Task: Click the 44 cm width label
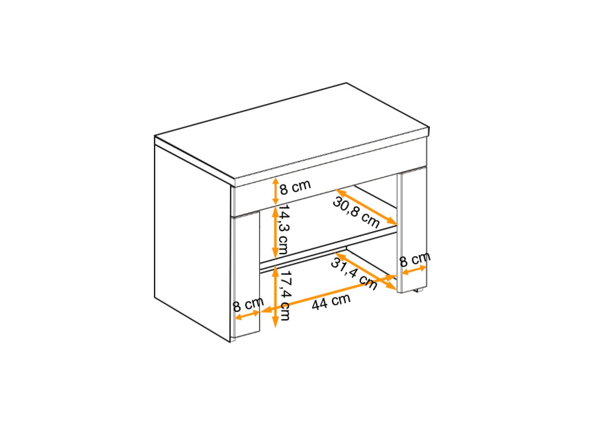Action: [331, 302]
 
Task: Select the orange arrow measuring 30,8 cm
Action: [367, 207]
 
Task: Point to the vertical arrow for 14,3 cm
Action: [275, 232]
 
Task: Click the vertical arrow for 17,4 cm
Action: [275, 297]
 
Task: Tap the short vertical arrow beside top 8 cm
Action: [275, 191]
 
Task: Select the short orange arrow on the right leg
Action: [414, 270]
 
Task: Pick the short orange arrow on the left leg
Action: [247, 315]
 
